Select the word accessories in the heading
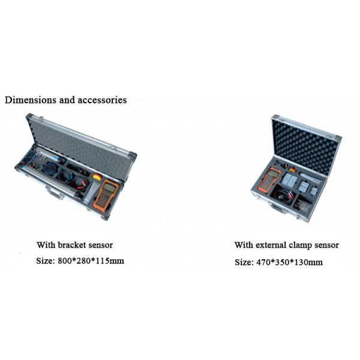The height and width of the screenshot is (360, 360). point(102,100)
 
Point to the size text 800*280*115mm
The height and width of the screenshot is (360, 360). point(91,261)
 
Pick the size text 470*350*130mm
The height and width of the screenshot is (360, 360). point(289,262)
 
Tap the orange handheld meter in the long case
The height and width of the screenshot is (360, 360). point(106,194)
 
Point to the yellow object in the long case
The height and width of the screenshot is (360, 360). point(97,177)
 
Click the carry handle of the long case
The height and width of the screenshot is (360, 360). point(54,192)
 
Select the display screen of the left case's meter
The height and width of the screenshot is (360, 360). point(109,188)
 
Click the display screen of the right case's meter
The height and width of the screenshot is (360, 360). point(273,173)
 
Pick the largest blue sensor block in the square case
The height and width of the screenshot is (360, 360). point(289,179)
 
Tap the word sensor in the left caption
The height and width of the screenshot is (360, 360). point(101,245)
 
